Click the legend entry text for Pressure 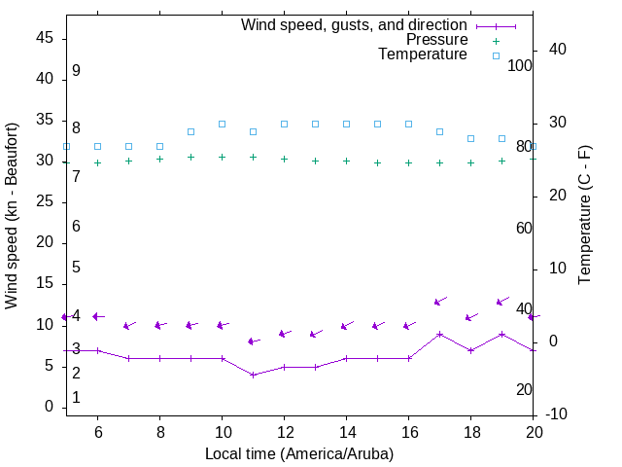coord(436,40)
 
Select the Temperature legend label coord(423,54)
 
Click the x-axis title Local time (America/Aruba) coord(299,453)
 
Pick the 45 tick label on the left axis coord(45,38)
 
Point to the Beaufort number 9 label coord(76,71)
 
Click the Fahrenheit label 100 coord(520,65)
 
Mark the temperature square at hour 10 coord(222,124)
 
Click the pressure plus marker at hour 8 coord(159,159)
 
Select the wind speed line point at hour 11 coord(253,375)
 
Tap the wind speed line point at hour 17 coord(439,334)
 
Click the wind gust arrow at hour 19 coord(502,302)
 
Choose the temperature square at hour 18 coord(470,138)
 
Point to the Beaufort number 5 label coord(76,268)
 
